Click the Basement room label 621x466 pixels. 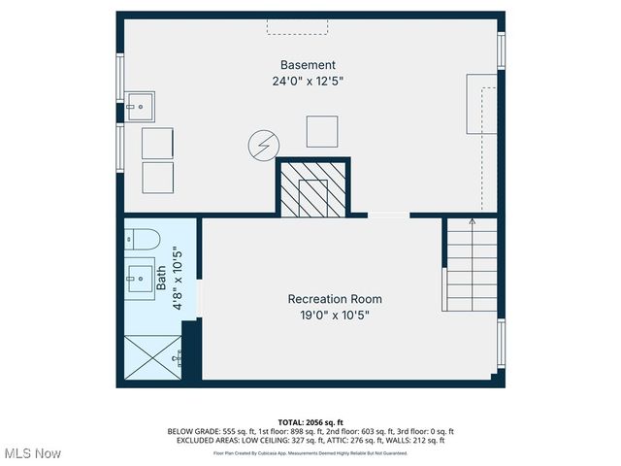coord(308,65)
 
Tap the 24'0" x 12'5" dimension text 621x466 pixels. coord(308,82)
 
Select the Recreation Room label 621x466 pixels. coord(335,299)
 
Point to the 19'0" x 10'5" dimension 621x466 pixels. coord(335,316)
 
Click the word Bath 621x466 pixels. coord(162,281)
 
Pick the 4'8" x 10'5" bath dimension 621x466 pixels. coord(178,281)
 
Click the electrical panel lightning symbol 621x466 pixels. coord(261,146)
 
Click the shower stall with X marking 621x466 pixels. coord(153,356)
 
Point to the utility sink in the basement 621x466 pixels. coord(140,103)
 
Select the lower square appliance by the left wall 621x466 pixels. coord(158,178)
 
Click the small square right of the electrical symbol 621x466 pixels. coord(322,131)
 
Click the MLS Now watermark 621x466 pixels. coord(33,453)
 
